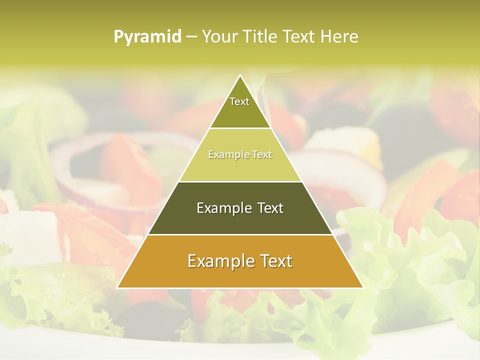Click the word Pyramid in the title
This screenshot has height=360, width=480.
point(147,37)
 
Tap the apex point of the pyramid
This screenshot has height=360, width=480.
point(240,76)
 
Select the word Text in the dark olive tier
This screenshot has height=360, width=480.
point(267,208)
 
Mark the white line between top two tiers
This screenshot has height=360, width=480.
point(240,128)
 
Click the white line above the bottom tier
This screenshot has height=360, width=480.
point(240,234)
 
